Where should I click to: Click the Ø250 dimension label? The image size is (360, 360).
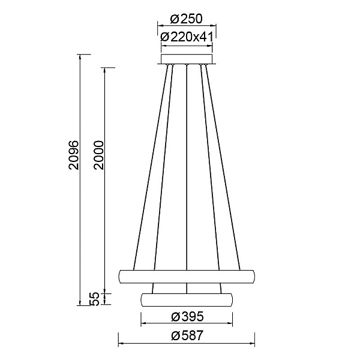[187, 19]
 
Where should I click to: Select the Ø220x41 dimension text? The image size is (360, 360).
[187, 37]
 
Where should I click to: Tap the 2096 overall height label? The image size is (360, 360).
[74, 155]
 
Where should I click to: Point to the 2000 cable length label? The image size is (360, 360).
[99, 155]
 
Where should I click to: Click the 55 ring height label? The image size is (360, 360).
[94, 299]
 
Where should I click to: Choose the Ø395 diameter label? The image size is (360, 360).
[187, 317]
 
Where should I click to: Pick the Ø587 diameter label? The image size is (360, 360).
[187, 335]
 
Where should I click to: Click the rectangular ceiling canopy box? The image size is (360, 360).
[187, 59]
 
